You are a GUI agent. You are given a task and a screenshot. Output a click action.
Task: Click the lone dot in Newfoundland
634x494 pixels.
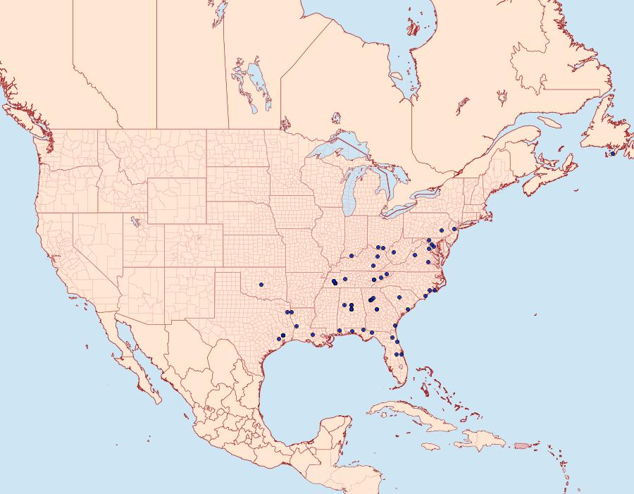coord(613,154)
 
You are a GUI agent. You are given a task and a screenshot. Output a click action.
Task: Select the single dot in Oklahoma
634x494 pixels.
coord(261,285)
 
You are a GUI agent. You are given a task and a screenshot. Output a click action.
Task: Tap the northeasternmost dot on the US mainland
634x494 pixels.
coord(455,229)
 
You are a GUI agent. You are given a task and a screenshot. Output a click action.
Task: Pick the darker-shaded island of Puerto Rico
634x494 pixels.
coord(521,445)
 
